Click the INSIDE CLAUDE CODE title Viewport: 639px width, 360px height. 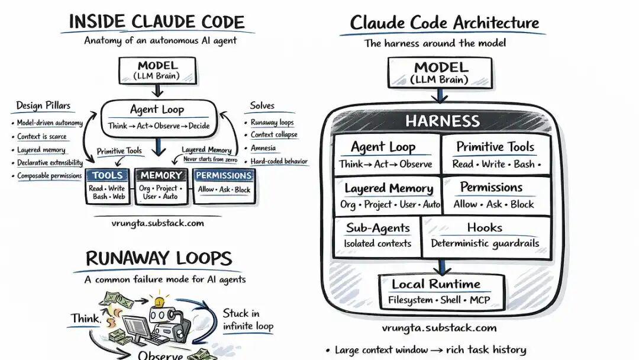coord(156,21)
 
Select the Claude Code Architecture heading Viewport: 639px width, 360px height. coord(444,23)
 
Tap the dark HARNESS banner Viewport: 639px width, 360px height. coord(443,121)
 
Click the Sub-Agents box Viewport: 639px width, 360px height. coord(377,235)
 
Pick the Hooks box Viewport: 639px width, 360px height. coord(485,235)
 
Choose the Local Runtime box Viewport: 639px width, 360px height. coord(441,291)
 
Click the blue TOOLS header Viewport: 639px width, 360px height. coord(108,175)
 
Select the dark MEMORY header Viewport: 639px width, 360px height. coord(161,175)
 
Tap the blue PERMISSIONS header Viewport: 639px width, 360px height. coord(224,175)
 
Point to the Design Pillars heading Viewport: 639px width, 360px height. coord(43,106)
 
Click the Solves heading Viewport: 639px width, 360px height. coord(262,106)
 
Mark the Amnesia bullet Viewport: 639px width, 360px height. coord(263,148)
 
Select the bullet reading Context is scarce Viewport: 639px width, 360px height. coord(41,137)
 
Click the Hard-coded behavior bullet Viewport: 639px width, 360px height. coord(279,161)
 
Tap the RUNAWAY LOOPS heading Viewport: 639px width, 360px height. coord(158,259)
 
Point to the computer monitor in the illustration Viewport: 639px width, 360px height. coord(135,327)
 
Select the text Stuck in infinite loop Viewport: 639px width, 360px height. coord(248,320)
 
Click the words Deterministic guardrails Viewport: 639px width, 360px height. coord(485,243)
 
